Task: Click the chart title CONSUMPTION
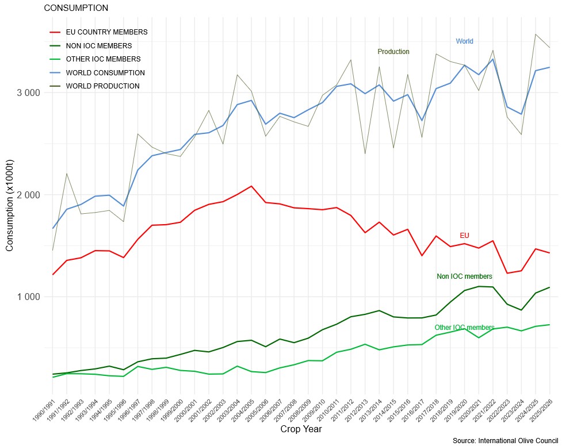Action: click(76, 9)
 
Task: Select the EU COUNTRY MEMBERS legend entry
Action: click(106, 32)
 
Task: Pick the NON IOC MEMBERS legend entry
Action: click(99, 45)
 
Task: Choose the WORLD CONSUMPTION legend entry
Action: click(105, 73)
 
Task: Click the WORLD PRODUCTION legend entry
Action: click(103, 86)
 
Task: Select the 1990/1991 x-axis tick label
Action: click(45, 412)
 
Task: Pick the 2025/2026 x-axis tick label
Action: click(542, 412)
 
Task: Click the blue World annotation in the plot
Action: click(464, 41)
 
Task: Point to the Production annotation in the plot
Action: click(393, 52)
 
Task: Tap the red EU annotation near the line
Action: click(465, 236)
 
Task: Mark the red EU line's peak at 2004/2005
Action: click(251, 186)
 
